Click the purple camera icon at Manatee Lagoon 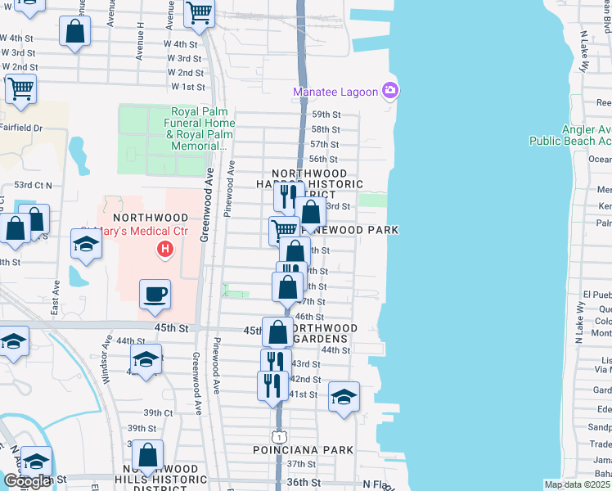(390, 90)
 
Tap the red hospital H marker (166, 248)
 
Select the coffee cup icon (155, 294)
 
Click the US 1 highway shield (278, 434)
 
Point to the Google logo (26, 481)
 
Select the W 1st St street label (188, 87)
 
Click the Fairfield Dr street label (21, 128)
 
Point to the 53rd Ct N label (33, 186)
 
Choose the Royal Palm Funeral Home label (202, 128)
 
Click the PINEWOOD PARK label (364, 231)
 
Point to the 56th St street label (324, 160)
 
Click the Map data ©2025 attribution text (577, 484)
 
